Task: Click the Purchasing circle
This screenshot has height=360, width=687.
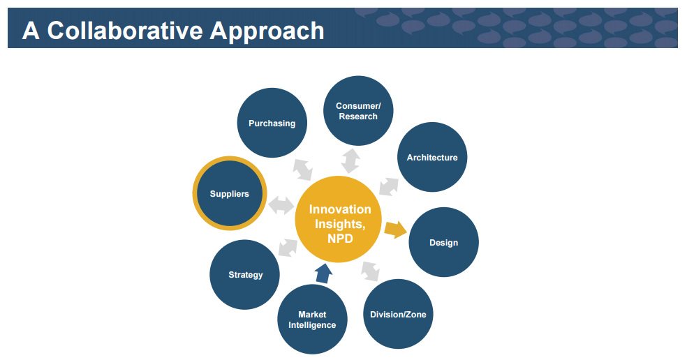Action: click(272, 123)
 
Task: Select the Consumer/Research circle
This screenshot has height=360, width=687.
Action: click(358, 110)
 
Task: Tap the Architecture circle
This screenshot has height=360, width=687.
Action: click(432, 157)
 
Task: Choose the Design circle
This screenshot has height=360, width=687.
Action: click(443, 242)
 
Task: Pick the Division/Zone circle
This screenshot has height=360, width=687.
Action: click(398, 314)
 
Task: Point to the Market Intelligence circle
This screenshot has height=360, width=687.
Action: click(312, 320)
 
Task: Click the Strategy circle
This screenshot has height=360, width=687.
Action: click(245, 274)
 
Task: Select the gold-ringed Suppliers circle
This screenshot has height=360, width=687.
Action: click(229, 193)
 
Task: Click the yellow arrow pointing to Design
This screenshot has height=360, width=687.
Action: click(396, 230)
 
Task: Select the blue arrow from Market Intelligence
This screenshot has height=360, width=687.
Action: click(322, 273)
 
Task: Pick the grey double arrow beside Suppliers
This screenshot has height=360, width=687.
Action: click(281, 205)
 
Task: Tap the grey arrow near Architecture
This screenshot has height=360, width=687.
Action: click(388, 184)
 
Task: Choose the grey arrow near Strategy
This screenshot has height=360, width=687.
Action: click(288, 246)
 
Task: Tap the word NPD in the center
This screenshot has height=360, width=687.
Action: click(340, 238)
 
